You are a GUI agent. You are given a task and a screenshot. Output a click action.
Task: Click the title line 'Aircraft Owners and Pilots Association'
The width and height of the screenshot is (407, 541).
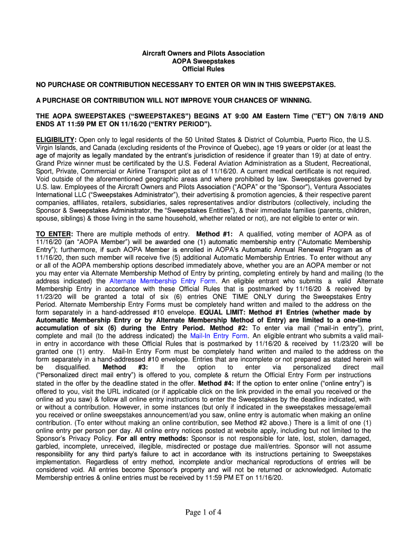click(203, 54)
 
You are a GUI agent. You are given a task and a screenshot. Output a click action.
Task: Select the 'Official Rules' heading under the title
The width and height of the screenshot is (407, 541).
click(203, 69)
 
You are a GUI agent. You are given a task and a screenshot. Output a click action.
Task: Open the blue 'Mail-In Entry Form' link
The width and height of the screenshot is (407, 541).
click(219, 335)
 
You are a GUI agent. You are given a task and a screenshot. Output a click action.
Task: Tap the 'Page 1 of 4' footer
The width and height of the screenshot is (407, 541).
click(203, 512)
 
